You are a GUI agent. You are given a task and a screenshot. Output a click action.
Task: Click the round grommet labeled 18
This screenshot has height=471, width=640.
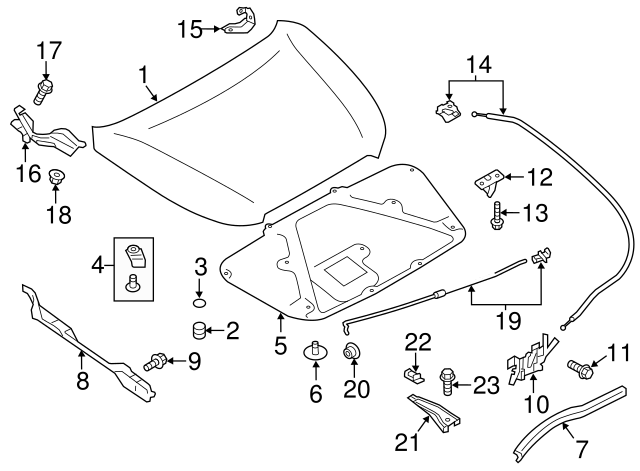[x=56, y=180]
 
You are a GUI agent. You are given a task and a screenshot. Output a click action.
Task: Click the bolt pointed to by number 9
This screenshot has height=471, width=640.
[x=157, y=360]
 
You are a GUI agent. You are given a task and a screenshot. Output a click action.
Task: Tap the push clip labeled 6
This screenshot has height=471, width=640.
[x=315, y=353]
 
